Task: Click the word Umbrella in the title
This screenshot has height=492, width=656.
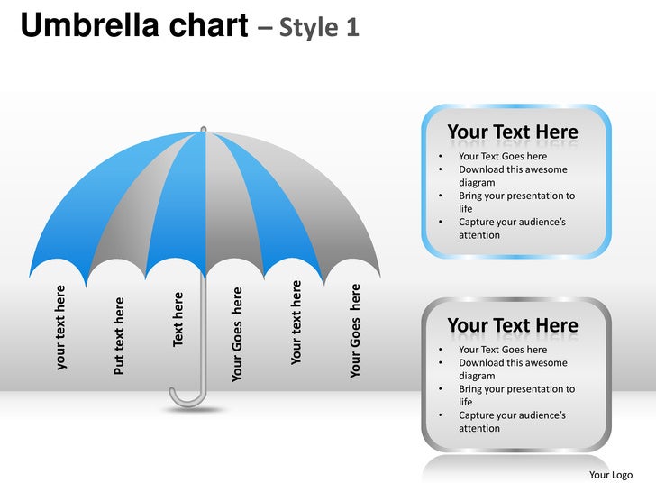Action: coord(89,27)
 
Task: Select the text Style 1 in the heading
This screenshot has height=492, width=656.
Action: coord(319,28)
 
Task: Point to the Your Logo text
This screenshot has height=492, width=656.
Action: coord(610,475)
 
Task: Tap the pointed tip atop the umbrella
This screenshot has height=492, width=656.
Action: coord(204,129)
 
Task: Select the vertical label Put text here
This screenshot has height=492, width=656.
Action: coord(119,336)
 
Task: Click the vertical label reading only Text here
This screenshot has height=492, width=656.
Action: coord(178,318)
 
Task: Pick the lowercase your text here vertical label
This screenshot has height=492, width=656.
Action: coord(60,327)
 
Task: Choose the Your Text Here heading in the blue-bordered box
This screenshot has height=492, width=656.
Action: coord(512,132)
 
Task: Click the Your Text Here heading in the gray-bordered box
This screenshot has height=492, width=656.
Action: coord(512,325)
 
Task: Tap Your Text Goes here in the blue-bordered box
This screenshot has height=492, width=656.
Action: coord(502,157)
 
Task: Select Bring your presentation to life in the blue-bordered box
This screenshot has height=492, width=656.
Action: coord(515,202)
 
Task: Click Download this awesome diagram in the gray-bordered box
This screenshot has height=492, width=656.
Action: coord(512,369)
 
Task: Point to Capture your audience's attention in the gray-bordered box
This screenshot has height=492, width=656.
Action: coord(511,422)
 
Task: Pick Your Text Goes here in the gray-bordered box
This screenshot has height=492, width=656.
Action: coord(502,350)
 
